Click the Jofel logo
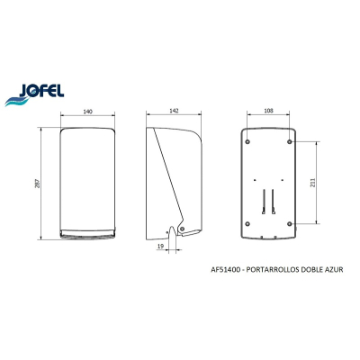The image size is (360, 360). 34,94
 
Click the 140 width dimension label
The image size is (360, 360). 87,112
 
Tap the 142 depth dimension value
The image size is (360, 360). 174,111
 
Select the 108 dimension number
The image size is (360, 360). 269,111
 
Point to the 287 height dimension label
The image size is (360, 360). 38,184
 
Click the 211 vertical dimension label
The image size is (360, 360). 312,182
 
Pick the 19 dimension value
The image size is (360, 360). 160,246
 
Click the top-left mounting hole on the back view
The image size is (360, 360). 247,141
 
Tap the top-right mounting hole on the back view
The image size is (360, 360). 290,141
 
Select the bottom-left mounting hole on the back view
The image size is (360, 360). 247,223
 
